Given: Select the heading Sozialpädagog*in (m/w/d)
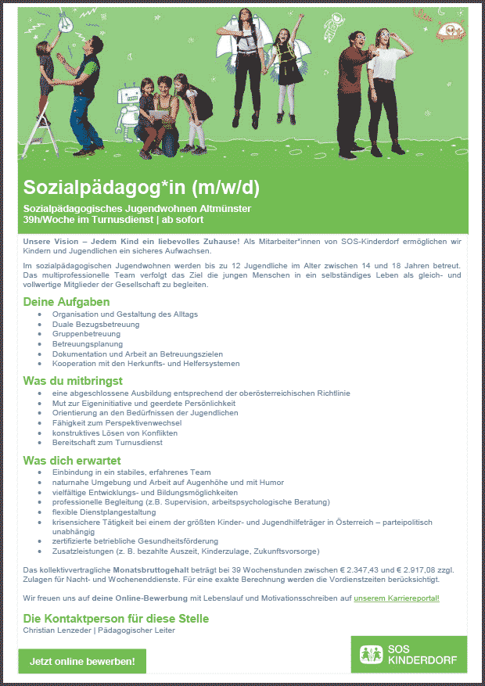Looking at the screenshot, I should pyautogui.click(x=141, y=188).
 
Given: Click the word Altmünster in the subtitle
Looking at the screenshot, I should pyautogui.click(x=222, y=209).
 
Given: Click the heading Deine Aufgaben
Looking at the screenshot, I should pyautogui.click(x=66, y=302).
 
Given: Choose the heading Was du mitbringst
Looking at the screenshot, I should pyautogui.click(x=74, y=381).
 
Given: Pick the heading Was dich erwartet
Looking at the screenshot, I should pyautogui.click(x=72, y=460).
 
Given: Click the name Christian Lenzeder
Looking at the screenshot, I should pyautogui.click(x=56, y=630).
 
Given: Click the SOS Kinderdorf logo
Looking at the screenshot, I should pyautogui.click(x=408, y=655).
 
